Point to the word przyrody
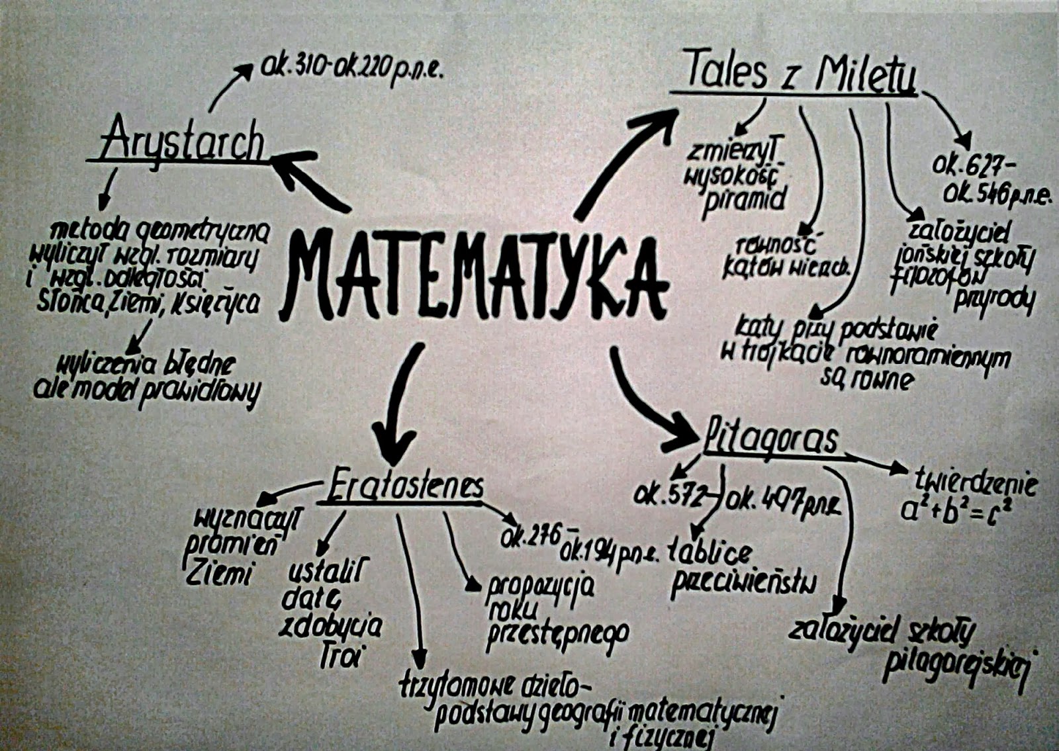coord(993,301)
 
